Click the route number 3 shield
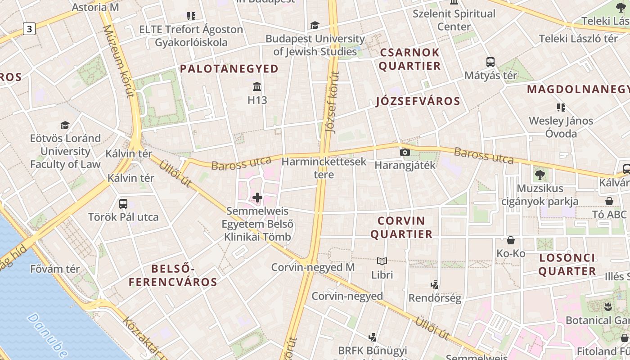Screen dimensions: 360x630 pyautogui.click(x=29, y=29)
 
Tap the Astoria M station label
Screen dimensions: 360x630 pyautogui.click(x=95, y=7)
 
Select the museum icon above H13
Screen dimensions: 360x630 pyautogui.click(x=257, y=86)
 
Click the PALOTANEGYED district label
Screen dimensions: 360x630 pyautogui.click(x=229, y=69)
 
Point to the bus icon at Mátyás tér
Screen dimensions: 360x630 pyautogui.click(x=490, y=62)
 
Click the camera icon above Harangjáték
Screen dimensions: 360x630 pyautogui.click(x=405, y=152)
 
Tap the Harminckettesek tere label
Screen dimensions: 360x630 pyautogui.click(x=324, y=168)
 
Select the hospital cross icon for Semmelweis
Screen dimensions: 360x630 pyautogui.click(x=257, y=198)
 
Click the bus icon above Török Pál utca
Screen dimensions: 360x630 pyautogui.click(x=123, y=203)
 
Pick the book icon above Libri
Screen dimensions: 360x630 pyautogui.click(x=382, y=261)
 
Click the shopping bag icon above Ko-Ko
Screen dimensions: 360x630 pyautogui.click(x=510, y=240)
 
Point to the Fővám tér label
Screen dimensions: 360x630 pyautogui.click(x=55, y=269)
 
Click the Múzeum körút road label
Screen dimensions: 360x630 pyautogui.click(x=119, y=61)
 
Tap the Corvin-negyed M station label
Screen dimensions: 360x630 pyautogui.click(x=313, y=267)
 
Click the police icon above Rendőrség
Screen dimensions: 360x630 pyautogui.click(x=434, y=284)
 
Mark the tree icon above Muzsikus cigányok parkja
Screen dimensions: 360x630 pyautogui.click(x=540, y=175)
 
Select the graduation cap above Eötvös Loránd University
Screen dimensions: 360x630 pyautogui.click(x=65, y=125)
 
